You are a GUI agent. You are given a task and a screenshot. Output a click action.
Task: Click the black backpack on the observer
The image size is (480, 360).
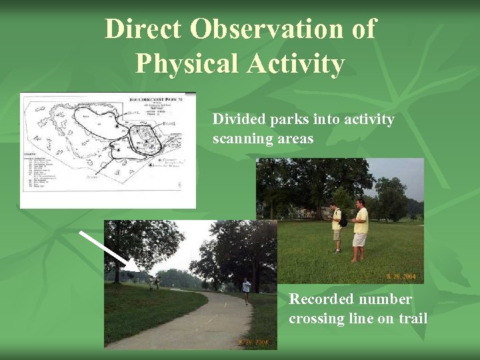343,219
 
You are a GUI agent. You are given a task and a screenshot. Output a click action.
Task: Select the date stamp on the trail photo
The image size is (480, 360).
255,343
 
